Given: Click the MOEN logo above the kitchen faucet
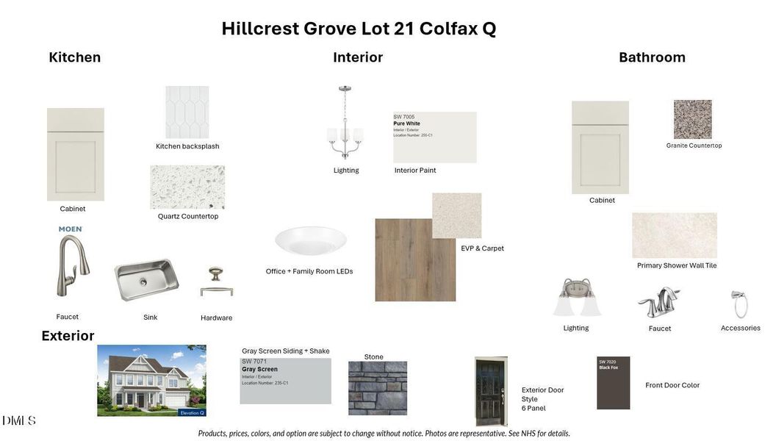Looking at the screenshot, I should tap(71, 229).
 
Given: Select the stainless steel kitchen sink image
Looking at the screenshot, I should tap(146, 279).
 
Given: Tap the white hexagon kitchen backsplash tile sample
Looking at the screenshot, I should tap(187, 112).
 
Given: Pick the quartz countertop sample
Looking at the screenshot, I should tap(187, 187).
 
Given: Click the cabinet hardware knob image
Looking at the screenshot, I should tap(216, 282).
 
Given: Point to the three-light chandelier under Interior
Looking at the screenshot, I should tap(345, 123).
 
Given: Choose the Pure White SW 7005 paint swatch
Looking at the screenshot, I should tap(434, 137).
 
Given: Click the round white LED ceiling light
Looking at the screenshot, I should tap(311, 240).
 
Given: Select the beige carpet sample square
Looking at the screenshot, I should tap(456, 215).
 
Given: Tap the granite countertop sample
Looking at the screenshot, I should tap(692, 119).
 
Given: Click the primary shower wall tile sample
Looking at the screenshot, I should tap(674, 235).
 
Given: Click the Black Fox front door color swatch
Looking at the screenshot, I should tap(613, 383).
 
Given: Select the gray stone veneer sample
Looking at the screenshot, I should tap(377, 388).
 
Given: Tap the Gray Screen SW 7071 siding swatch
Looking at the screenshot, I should tap(285, 381).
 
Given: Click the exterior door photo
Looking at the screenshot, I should tap(491, 391).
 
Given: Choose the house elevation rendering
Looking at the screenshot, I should tap(151, 381).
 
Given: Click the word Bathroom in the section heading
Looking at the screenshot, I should tap(652, 57).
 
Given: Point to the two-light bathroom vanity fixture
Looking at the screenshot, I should tap(577, 298).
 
